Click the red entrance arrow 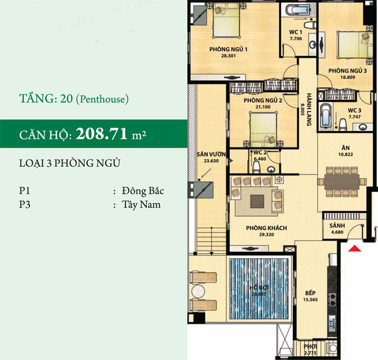point(354,249)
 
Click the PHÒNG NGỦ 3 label point(347,71)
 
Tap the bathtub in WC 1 point(295,11)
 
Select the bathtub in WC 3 point(326,117)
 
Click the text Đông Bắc point(143,191)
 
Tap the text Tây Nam point(140,205)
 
